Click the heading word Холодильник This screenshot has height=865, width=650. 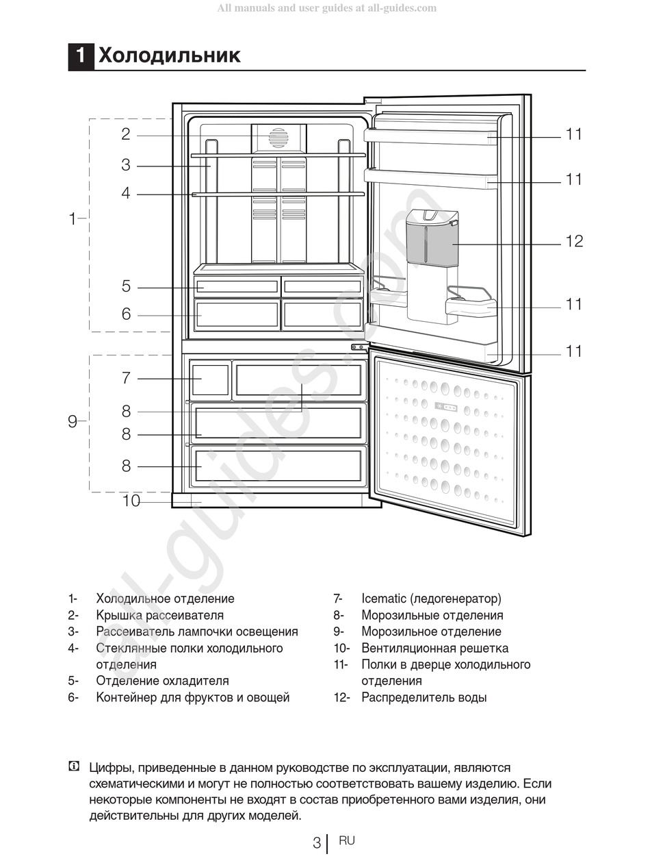pos(169,55)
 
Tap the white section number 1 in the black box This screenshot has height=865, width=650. pos(81,55)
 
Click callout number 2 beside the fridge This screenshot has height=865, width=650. pos(126,134)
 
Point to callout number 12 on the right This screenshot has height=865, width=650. pos(574,241)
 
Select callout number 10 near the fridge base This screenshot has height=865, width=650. pos(131,501)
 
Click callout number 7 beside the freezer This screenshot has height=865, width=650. pos(126,377)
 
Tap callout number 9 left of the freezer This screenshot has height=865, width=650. pos(73,422)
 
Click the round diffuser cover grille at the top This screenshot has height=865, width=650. pos(278,138)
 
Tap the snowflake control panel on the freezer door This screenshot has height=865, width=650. pos(446,408)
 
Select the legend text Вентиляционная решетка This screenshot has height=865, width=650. pos(434,648)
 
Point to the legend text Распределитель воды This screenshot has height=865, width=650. pos(424,697)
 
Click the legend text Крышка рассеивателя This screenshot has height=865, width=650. pos(159,615)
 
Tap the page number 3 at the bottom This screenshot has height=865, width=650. pos(316,843)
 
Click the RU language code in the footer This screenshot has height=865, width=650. pos(347,840)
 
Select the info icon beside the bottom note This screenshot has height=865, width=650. pos(74,767)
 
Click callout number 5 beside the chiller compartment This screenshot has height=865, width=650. pos(126,286)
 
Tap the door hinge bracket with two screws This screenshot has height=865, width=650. pos(358,347)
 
